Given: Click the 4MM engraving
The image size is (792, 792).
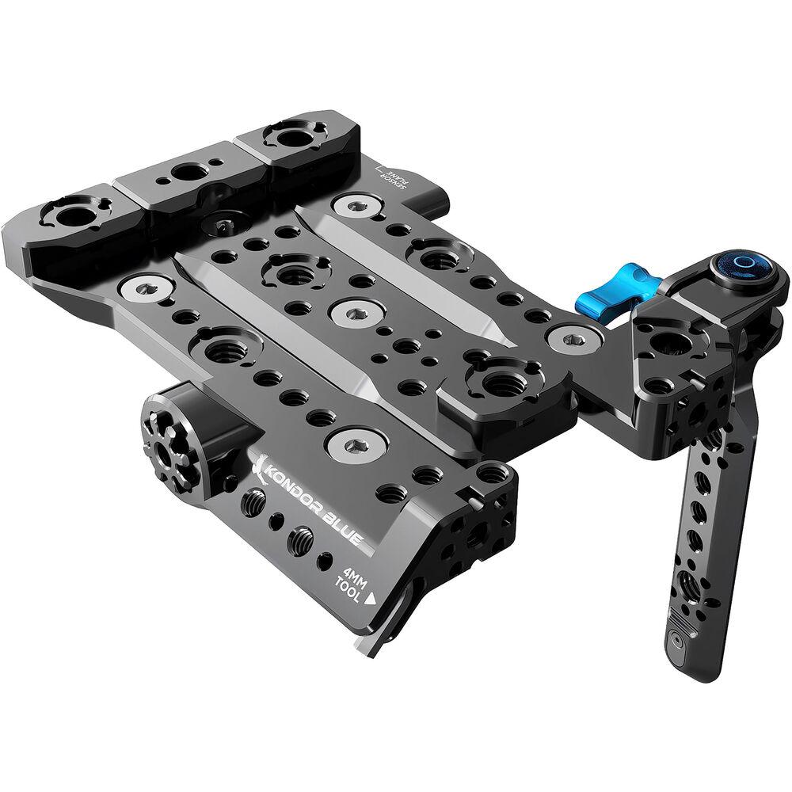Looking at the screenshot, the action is pyautogui.click(x=356, y=577).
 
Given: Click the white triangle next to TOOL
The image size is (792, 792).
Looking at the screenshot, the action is pyautogui.click(x=370, y=599).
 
